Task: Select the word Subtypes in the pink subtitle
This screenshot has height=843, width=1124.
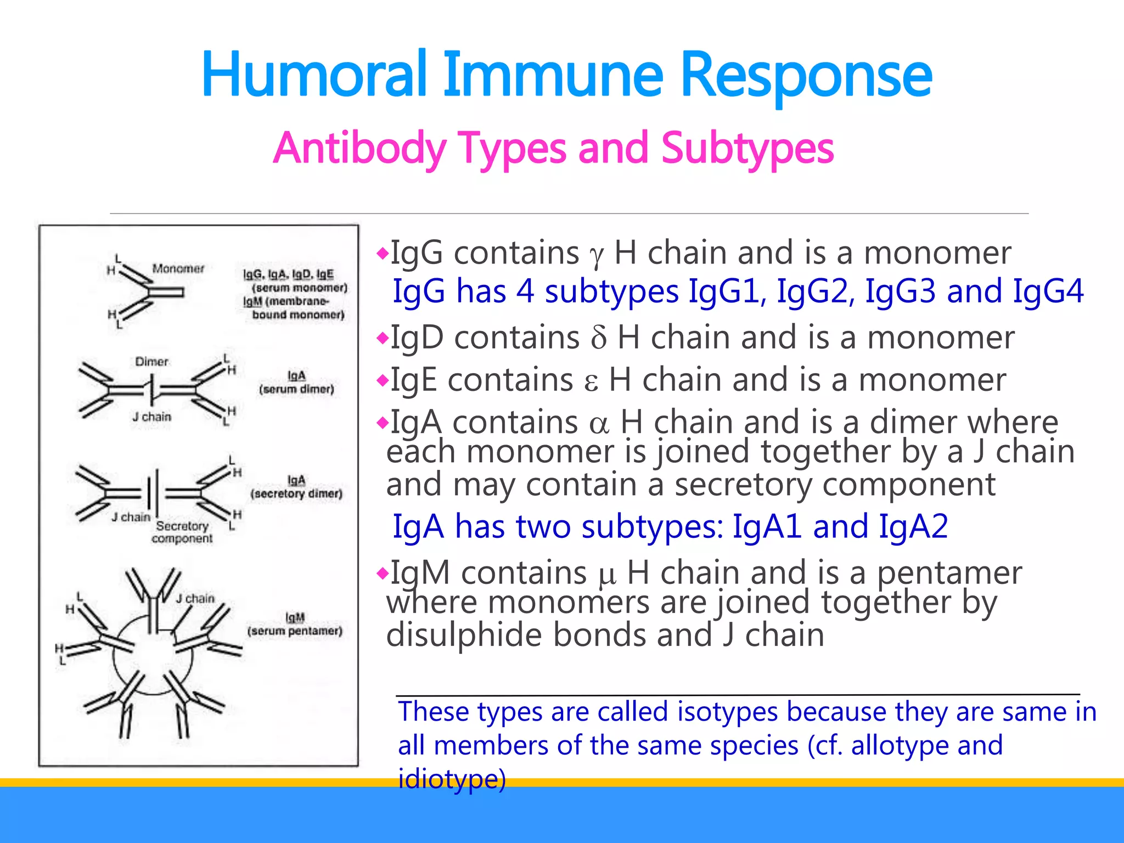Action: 747,148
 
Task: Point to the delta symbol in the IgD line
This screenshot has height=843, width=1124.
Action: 599,338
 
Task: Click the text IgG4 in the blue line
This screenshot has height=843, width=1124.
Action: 1048,291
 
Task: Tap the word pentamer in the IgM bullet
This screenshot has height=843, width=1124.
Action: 949,573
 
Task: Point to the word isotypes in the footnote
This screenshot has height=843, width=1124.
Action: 727,712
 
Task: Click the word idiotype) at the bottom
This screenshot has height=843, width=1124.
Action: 452,779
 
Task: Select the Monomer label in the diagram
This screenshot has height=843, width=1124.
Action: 178,268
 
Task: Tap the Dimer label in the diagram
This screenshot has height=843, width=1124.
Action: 151,362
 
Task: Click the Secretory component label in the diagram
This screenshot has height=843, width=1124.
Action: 182,532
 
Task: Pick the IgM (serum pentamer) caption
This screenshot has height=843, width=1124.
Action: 295,625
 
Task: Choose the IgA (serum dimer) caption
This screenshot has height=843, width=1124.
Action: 296,383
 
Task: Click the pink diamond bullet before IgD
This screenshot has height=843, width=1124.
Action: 383,338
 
